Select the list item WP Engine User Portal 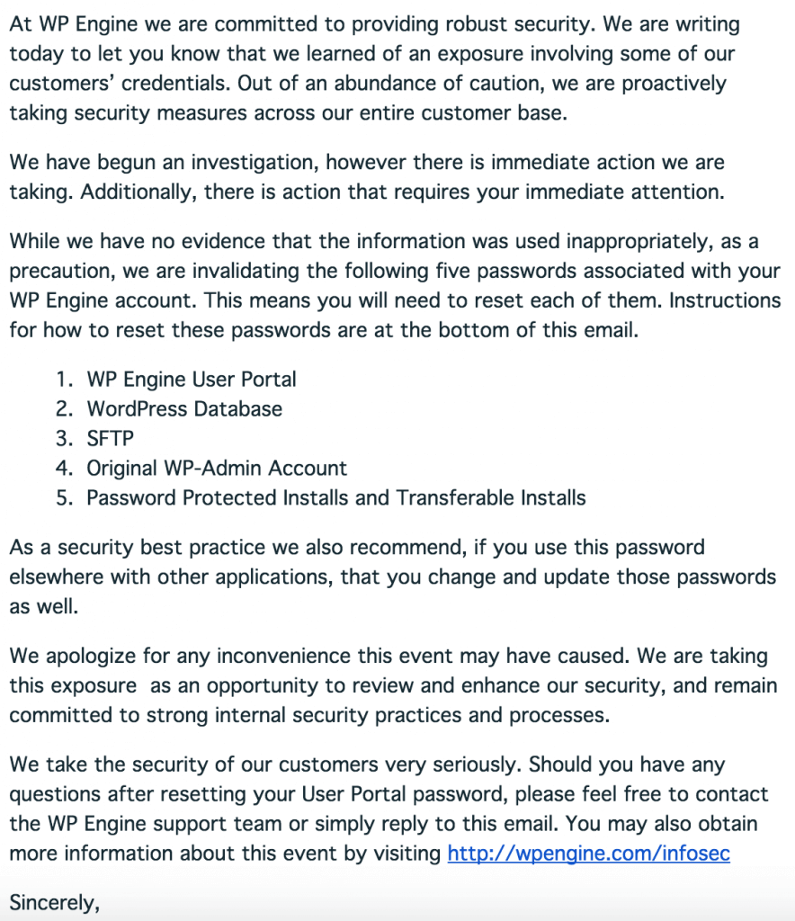point(192,380)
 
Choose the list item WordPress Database point(184,409)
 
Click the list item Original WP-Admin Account point(217,469)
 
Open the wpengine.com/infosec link point(588,853)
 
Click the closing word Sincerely point(52,902)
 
